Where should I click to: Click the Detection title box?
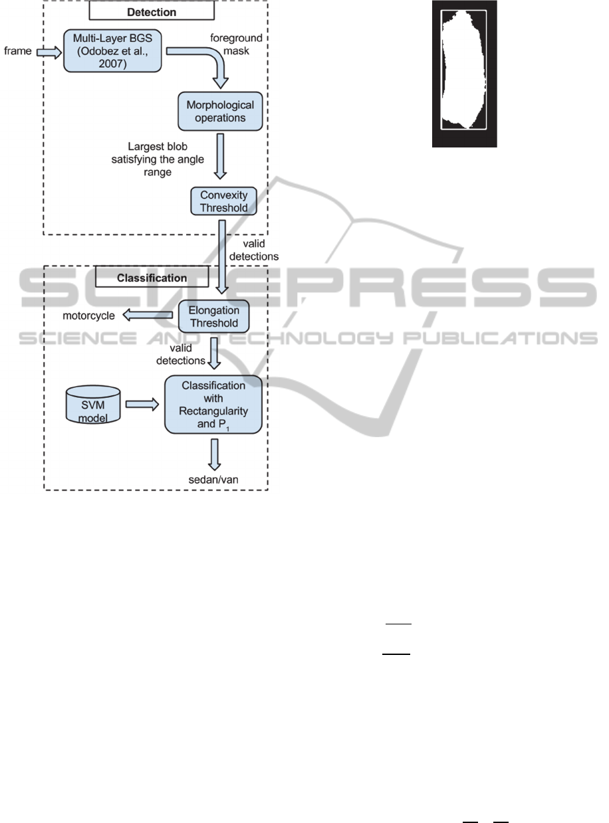click(x=152, y=11)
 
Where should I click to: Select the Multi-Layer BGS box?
click(x=112, y=51)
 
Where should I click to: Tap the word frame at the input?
click(x=17, y=51)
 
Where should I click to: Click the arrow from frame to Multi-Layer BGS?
click(x=49, y=52)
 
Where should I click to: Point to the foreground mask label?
click(x=236, y=44)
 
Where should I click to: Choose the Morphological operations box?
click(x=220, y=112)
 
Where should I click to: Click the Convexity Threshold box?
click(x=223, y=201)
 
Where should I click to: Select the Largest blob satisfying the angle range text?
click(x=158, y=159)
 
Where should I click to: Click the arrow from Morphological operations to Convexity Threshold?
click(x=220, y=156)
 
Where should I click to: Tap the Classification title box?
click(x=152, y=276)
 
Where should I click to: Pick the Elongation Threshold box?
click(x=213, y=316)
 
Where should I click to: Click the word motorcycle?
click(x=88, y=316)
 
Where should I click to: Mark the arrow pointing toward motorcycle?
click(x=148, y=315)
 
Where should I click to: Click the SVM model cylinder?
click(x=93, y=405)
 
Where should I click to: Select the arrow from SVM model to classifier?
click(x=142, y=404)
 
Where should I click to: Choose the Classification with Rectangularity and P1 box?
click(x=213, y=405)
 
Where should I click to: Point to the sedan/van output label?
click(x=213, y=480)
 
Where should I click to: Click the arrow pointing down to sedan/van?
click(x=214, y=454)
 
